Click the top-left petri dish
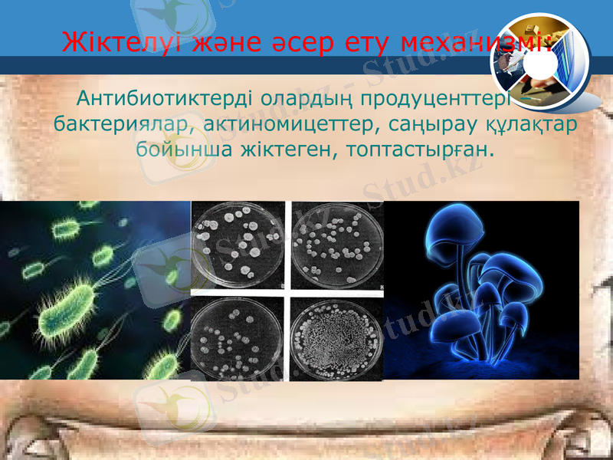pos(237,245)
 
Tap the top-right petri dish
pos(336,244)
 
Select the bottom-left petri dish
pos(237,337)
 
